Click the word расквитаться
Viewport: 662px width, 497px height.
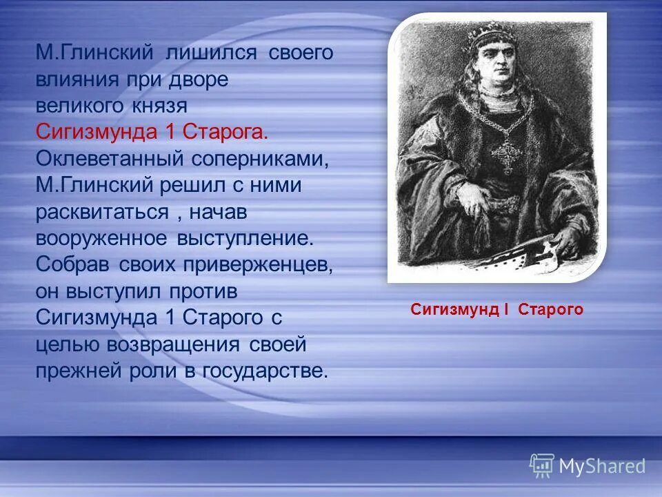point(102,212)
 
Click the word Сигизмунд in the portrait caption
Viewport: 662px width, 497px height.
point(452,310)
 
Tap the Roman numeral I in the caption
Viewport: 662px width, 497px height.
point(505,310)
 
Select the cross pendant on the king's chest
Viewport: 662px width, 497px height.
point(507,155)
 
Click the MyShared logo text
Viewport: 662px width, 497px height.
point(602,467)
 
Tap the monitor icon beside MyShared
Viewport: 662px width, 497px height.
point(542,466)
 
